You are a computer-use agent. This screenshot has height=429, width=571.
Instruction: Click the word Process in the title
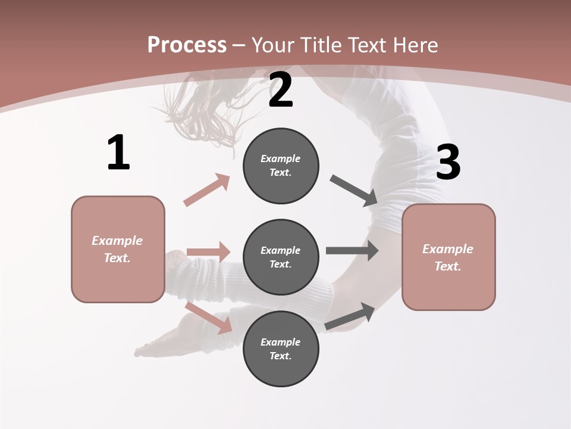click(x=187, y=45)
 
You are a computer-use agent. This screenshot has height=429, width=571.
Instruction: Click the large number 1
click(x=118, y=153)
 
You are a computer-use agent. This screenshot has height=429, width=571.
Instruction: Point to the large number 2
click(x=281, y=90)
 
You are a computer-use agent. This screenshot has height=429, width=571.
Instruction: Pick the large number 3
click(x=448, y=162)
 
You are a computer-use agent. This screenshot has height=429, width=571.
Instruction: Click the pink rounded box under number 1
click(x=118, y=249)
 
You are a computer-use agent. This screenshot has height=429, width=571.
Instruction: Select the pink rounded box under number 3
click(x=448, y=257)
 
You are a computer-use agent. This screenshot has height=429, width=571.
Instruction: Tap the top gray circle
click(x=281, y=166)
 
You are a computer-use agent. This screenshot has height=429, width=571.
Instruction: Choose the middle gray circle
click(x=281, y=257)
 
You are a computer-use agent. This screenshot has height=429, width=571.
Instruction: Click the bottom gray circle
click(x=281, y=349)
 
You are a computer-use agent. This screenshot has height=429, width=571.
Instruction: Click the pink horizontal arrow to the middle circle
click(x=209, y=252)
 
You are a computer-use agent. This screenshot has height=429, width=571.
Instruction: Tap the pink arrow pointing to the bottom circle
click(x=209, y=318)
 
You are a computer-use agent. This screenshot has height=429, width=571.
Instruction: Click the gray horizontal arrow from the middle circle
click(x=352, y=250)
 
